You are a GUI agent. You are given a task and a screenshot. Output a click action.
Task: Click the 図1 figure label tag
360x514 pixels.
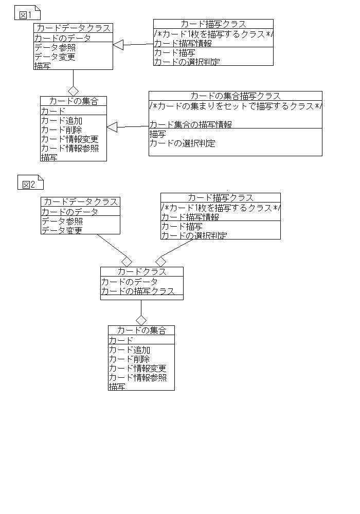[x=27, y=13]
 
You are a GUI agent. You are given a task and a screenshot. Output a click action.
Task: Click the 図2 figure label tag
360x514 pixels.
[x=30, y=183]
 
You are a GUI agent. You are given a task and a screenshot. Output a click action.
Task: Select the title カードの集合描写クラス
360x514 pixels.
[x=236, y=96]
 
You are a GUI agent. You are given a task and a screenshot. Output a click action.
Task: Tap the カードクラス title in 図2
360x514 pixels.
[x=141, y=271]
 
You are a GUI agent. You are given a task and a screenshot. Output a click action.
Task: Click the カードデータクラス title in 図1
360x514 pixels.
[x=74, y=28]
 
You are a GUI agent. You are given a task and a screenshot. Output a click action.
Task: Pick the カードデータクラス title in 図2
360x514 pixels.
[x=81, y=201]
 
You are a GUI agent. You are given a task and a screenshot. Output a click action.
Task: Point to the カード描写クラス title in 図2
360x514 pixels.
[x=221, y=198]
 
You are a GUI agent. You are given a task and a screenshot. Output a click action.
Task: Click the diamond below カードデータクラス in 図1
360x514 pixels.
[x=73, y=91]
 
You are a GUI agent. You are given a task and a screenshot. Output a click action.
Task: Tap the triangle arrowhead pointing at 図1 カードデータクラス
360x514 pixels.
[x=118, y=45]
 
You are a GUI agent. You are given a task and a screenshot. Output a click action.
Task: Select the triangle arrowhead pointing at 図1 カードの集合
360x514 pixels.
[x=112, y=127]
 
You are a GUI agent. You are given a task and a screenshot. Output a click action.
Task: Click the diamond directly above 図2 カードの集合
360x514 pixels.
[x=141, y=320]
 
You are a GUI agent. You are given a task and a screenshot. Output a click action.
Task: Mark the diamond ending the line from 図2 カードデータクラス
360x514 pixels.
[x=127, y=262]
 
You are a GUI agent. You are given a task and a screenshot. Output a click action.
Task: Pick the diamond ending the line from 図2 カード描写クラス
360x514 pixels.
[x=160, y=262]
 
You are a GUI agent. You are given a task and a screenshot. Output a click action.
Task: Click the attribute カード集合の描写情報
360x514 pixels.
[x=191, y=124]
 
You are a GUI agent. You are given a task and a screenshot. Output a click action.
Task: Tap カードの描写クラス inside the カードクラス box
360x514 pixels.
[x=138, y=291]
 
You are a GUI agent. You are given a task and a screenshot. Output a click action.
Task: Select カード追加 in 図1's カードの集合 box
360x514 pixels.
[x=62, y=121]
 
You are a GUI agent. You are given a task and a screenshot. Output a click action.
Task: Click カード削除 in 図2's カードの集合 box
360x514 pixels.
[x=129, y=359]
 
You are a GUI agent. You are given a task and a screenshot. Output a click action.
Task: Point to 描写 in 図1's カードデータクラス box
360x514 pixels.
[x=42, y=66]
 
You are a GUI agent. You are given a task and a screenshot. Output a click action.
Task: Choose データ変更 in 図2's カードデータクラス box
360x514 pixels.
[x=62, y=230]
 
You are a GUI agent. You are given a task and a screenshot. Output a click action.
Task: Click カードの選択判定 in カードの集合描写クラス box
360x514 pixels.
[x=182, y=143]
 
